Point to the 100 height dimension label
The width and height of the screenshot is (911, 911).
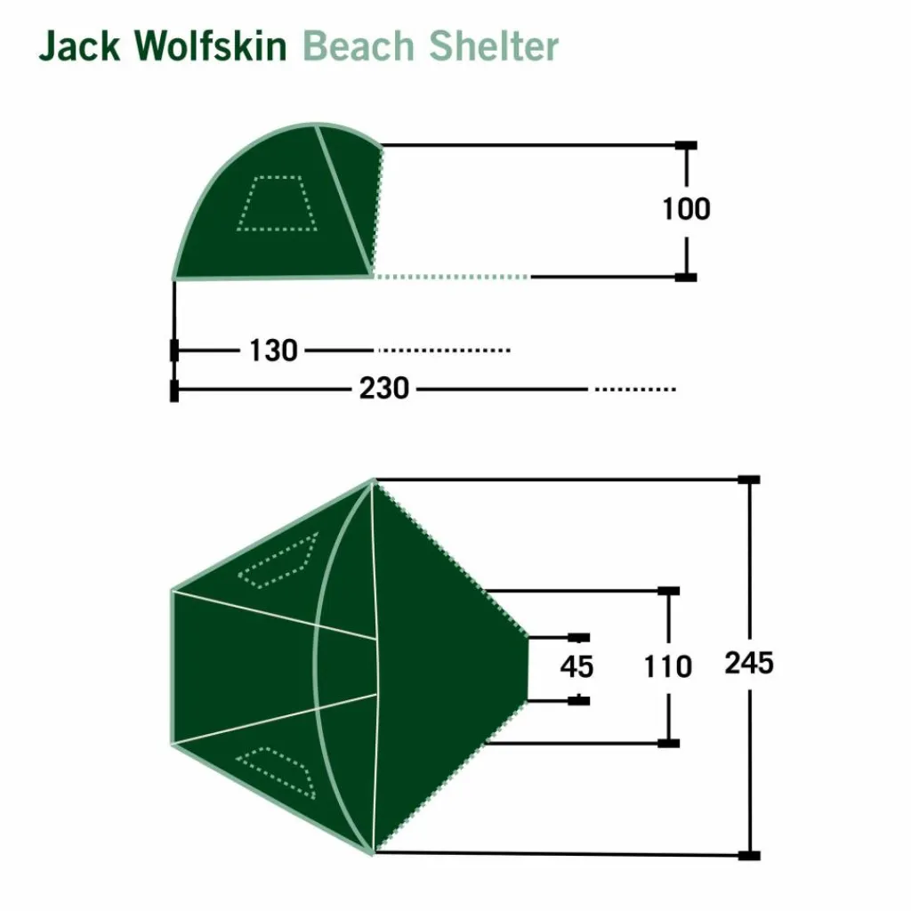tap(686, 209)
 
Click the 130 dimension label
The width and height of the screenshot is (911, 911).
tap(272, 351)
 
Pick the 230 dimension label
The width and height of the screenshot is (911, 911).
tap(384, 389)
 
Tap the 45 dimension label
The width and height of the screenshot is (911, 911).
tap(576, 666)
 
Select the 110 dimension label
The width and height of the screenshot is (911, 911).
tap(667, 666)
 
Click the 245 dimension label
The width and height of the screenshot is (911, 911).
tap(749, 663)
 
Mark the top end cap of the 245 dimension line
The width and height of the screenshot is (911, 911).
tap(749, 480)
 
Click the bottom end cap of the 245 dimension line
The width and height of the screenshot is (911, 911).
tap(749, 856)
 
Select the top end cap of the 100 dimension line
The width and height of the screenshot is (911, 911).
tap(686, 145)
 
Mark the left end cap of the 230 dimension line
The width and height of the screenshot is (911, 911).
tap(174, 390)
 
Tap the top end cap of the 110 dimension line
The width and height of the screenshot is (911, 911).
tap(668, 591)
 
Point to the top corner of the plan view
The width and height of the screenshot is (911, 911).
tap(375, 481)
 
